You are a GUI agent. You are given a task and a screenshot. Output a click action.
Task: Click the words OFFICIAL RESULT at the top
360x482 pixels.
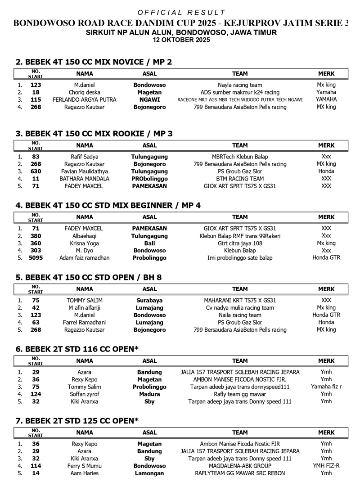(x=181, y=13)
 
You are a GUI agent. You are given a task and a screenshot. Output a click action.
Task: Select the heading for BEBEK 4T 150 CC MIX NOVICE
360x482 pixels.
(x=94, y=62)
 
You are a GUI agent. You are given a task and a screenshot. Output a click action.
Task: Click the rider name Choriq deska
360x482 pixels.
(x=85, y=92)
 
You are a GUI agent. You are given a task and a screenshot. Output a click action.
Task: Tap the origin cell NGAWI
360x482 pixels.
(x=149, y=99)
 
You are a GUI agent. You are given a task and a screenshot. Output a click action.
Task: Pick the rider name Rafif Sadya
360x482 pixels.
(x=85, y=157)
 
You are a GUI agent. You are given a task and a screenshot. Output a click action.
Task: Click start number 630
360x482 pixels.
(x=36, y=171)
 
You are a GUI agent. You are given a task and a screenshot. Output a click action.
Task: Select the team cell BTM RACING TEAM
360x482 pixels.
(x=240, y=178)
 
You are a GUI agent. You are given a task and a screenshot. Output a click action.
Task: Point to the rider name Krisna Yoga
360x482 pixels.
(x=85, y=243)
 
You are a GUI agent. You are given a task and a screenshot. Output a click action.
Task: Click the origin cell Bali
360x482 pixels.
(x=149, y=243)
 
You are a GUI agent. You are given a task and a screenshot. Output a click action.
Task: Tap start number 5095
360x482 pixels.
(x=36, y=258)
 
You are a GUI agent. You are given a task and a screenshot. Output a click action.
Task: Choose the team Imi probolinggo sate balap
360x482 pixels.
(x=240, y=258)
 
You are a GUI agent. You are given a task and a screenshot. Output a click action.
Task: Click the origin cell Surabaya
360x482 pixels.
(x=149, y=300)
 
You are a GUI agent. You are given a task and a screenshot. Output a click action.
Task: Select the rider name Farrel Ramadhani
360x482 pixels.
(x=85, y=322)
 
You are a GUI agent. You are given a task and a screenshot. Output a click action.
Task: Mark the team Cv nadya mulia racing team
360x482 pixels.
(x=240, y=308)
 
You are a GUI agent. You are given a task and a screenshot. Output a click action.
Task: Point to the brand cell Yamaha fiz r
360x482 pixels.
(x=326, y=387)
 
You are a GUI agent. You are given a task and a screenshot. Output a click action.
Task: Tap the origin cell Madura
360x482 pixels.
(x=149, y=394)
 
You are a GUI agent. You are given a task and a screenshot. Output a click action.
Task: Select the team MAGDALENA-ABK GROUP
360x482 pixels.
(x=240, y=466)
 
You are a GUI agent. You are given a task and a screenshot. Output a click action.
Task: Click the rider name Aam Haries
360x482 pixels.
(x=85, y=473)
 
